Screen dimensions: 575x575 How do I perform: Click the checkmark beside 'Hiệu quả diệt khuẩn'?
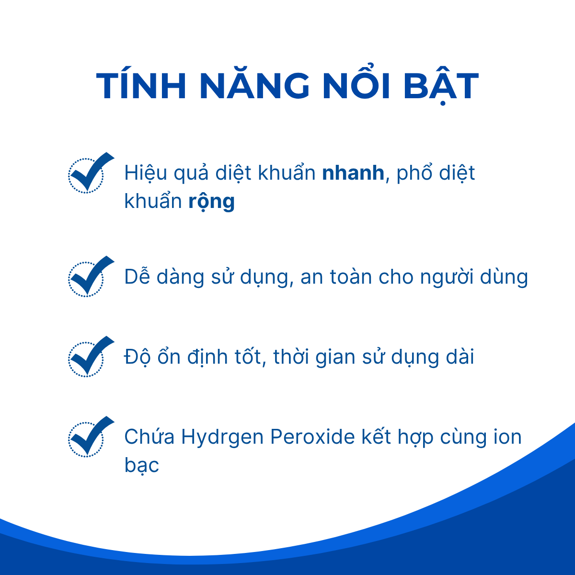click(x=90, y=172)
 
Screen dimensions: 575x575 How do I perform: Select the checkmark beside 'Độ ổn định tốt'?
click(x=90, y=356)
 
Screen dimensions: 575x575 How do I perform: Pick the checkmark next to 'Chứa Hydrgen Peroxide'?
click(x=90, y=437)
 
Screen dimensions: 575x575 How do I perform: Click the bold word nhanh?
click(x=353, y=173)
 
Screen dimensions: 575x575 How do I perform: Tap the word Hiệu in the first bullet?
click(x=146, y=173)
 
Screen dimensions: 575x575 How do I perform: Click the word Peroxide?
click(x=312, y=437)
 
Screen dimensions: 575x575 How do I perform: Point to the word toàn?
click(x=351, y=276)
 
